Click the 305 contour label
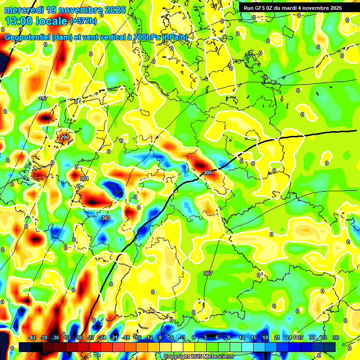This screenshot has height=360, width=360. click(208, 173)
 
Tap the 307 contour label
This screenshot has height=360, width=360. click(208, 273)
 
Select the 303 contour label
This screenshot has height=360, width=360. click(105, 218)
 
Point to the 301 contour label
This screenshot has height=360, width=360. click(84, 179)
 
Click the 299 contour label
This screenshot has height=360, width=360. click(65, 137)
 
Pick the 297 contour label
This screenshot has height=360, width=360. click(43, 98)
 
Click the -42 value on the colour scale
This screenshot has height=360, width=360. click(32, 337)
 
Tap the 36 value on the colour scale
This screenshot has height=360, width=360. click(336, 337)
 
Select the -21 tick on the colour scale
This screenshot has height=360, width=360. click(113, 337)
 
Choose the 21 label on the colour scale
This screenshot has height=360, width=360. click(277, 337)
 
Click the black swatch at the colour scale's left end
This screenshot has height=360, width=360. click(25, 347)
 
